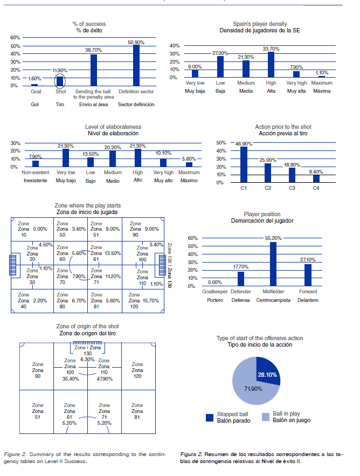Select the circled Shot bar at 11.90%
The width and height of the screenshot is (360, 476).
point(60,81)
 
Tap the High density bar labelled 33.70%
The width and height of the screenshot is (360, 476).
point(271,65)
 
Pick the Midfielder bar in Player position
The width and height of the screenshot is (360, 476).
point(273,264)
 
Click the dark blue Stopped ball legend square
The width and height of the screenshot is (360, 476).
point(211,417)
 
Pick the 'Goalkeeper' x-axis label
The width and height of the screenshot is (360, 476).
point(215,292)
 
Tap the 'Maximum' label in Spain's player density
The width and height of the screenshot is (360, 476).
point(321,84)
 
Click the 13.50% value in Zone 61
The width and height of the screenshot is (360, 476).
point(112,253)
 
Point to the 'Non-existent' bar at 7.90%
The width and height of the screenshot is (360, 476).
point(36,163)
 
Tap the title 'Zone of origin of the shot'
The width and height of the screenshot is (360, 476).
point(87,327)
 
